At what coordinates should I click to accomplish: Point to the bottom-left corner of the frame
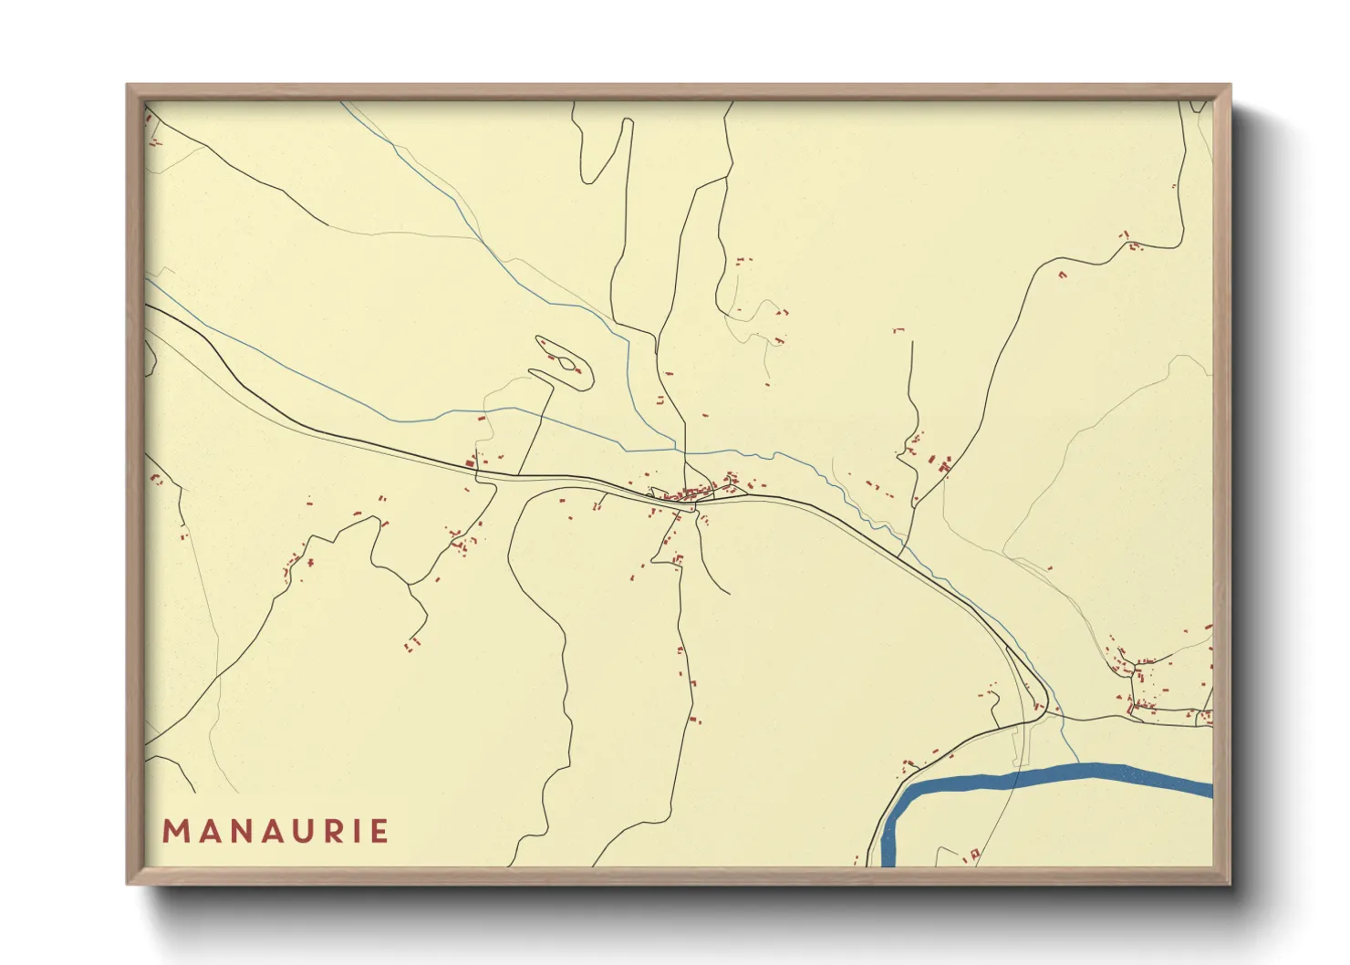tap(129, 882)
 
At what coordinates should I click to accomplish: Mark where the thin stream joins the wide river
tap(1078, 764)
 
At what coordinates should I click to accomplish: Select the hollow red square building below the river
tap(974, 854)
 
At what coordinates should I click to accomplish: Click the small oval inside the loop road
tap(568, 365)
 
